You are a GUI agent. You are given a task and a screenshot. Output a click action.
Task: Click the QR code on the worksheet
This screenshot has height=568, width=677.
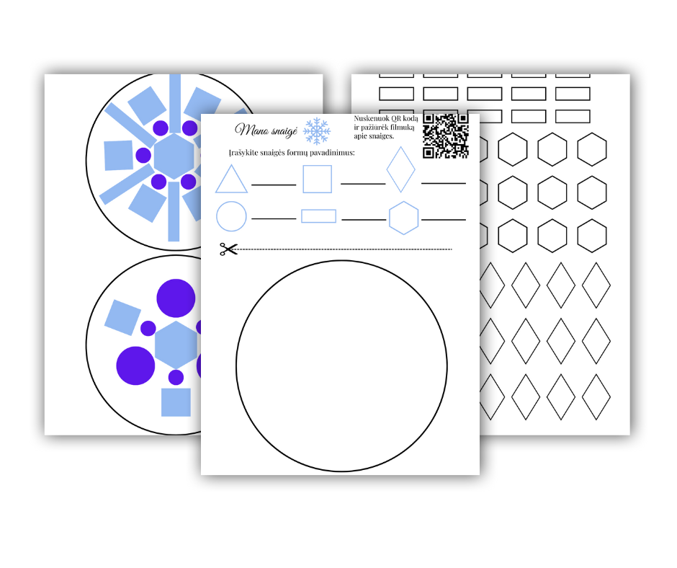point(446,136)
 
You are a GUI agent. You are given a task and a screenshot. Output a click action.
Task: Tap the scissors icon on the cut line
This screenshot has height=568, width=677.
point(228,249)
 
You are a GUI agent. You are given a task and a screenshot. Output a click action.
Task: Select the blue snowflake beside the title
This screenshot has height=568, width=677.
point(317,131)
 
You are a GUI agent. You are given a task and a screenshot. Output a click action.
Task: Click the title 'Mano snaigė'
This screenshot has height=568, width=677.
point(266,130)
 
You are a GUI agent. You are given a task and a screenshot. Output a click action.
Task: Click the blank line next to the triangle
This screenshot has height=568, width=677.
point(274,185)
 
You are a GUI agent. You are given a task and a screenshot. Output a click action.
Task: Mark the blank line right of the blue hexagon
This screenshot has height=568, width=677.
point(444,220)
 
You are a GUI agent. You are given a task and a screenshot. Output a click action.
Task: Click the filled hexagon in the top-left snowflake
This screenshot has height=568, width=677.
point(174,156)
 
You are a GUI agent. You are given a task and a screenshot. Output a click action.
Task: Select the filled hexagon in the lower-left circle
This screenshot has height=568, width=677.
point(176,345)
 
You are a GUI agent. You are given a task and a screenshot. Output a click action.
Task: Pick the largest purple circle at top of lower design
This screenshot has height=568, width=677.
point(176,298)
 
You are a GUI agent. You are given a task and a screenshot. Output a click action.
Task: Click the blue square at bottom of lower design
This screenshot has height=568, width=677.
point(176,402)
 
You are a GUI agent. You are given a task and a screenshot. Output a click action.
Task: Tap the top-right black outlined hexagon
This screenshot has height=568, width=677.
point(592,149)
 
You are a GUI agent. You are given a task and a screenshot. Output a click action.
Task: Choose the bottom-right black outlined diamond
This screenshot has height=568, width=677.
point(596,397)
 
